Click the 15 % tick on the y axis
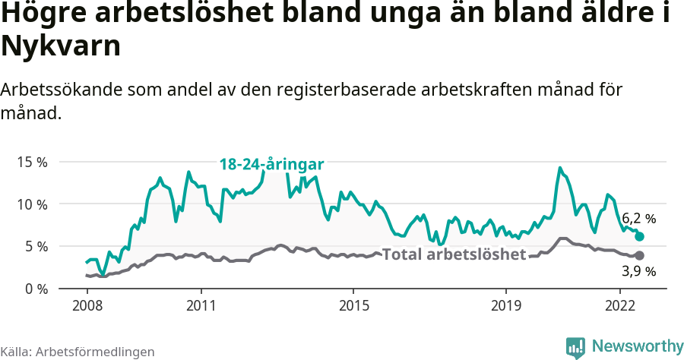click(x=31, y=162)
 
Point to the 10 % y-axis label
click(x=31, y=204)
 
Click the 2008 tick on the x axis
click(x=87, y=305)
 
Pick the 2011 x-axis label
click(x=201, y=305)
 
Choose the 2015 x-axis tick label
click(x=353, y=305)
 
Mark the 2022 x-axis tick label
click(x=620, y=305)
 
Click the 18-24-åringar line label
click(x=272, y=164)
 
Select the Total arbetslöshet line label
click(x=454, y=254)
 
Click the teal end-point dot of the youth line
click(x=639, y=237)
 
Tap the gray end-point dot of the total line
click(x=639, y=256)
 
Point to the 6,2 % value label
click(x=638, y=219)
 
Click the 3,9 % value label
click(x=639, y=271)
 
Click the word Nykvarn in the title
click(x=61, y=47)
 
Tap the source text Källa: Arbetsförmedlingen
click(x=78, y=352)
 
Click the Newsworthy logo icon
click(x=575, y=347)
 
